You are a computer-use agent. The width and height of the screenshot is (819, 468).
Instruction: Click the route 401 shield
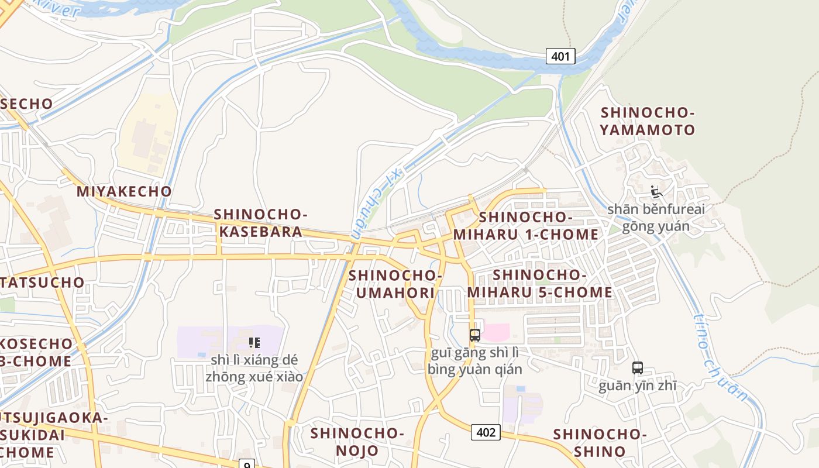[x=560, y=56]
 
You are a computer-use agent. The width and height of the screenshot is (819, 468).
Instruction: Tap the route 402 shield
[x=486, y=432]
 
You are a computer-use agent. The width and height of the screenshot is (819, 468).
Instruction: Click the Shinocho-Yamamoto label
[x=648, y=121]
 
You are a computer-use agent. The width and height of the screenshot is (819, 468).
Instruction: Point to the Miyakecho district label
[x=124, y=191]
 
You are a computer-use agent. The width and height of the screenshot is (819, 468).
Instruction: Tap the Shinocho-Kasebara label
[x=260, y=223]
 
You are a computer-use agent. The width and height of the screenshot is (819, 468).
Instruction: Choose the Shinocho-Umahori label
[x=395, y=284]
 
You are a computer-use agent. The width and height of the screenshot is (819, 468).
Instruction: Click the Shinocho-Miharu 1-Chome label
[x=525, y=226]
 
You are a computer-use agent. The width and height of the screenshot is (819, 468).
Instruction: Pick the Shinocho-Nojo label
[x=357, y=442]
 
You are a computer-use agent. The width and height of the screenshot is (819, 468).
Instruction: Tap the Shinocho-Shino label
[x=600, y=443]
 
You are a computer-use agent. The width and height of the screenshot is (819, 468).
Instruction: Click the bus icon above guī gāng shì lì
[x=475, y=335]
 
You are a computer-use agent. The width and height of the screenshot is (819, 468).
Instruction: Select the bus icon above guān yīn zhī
[x=638, y=368]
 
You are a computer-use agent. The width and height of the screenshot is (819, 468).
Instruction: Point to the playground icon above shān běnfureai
[x=656, y=192]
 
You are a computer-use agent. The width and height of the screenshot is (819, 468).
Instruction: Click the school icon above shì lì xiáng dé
[x=254, y=342]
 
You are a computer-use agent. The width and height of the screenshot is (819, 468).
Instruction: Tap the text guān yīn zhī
[x=638, y=386]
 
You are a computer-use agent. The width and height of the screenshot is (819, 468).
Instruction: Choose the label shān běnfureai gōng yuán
[x=656, y=218]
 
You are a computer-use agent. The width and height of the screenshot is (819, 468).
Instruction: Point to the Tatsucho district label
[x=43, y=282]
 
